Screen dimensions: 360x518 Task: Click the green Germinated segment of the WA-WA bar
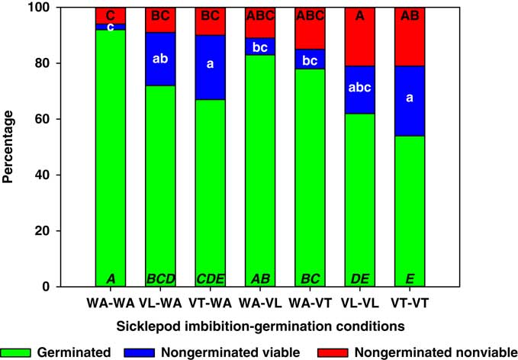[x=110, y=168]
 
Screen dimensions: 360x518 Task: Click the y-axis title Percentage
[x=12, y=146]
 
